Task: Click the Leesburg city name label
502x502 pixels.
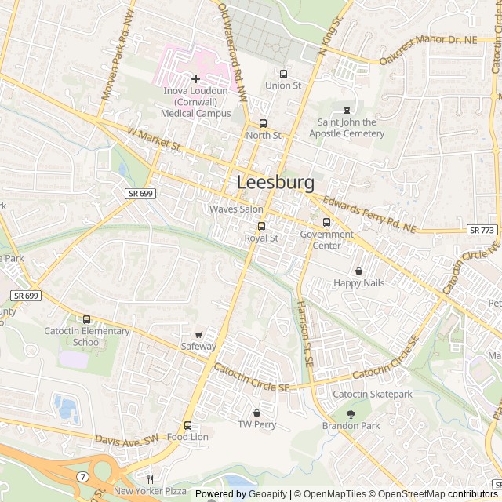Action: click(x=275, y=183)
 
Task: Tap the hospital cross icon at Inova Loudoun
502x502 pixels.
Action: click(x=195, y=78)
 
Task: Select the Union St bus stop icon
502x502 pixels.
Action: click(x=283, y=74)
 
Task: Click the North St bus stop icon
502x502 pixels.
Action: click(x=263, y=123)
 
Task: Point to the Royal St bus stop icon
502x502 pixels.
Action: click(x=261, y=226)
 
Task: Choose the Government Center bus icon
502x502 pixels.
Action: click(x=326, y=222)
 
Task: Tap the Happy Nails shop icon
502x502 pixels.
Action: click(x=358, y=271)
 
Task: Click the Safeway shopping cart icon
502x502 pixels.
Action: click(x=198, y=334)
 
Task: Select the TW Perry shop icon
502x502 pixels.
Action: click(x=256, y=413)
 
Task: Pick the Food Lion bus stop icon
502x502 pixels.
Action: click(x=187, y=425)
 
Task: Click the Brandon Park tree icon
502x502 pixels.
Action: click(x=351, y=413)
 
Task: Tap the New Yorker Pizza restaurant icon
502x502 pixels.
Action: click(x=149, y=479)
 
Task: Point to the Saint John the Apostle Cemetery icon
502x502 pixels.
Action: click(x=347, y=110)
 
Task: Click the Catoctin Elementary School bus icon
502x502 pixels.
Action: click(x=86, y=319)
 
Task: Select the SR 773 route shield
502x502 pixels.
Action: click(x=482, y=230)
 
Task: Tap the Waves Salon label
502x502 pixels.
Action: click(x=236, y=209)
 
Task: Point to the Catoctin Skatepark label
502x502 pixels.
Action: click(x=373, y=394)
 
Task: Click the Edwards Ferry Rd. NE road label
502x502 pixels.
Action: click(x=368, y=214)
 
